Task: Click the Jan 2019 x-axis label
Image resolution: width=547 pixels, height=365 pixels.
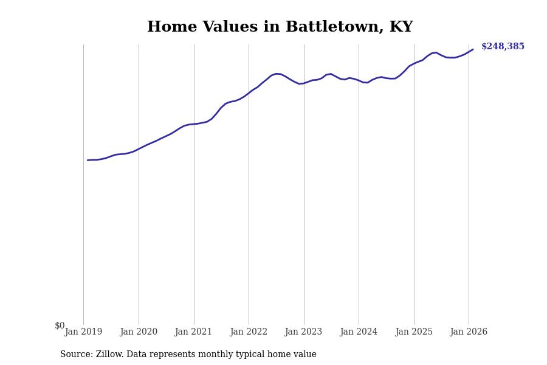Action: (83, 332)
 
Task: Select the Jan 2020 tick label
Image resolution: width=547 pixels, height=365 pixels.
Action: (139, 332)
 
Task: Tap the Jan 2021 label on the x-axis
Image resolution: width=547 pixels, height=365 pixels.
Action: (193, 332)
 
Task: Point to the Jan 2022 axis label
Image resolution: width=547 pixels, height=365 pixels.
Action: (249, 332)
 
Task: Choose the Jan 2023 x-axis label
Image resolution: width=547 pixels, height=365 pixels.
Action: (304, 332)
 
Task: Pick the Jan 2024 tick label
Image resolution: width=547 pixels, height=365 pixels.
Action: (359, 332)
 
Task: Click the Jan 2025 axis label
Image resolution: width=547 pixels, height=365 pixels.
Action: (414, 332)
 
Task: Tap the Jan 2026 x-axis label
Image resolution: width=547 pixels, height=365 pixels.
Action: (469, 332)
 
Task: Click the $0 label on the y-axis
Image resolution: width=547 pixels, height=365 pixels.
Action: (60, 326)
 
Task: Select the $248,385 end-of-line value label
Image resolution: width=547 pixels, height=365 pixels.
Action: (503, 47)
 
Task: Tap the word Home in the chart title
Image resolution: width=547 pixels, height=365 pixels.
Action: (172, 27)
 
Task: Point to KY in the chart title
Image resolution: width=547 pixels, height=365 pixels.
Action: (401, 27)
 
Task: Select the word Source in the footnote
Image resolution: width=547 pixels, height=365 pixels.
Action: (76, 355)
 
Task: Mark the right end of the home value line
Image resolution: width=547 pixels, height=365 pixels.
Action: (473, 49)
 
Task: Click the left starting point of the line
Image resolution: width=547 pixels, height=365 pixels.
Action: (88, 160)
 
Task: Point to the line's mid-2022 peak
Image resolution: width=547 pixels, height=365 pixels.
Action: (277, 74)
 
